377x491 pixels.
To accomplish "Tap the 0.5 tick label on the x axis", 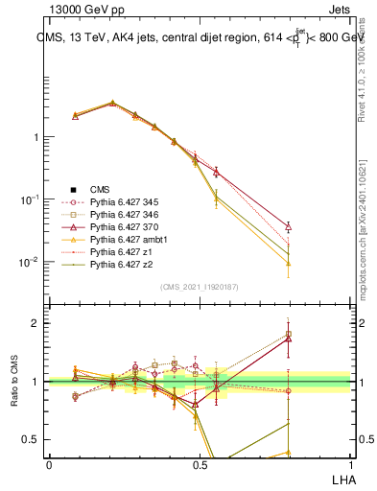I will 200,463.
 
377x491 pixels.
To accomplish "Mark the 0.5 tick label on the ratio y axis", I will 33,440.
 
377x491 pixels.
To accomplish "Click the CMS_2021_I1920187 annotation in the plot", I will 199,287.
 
